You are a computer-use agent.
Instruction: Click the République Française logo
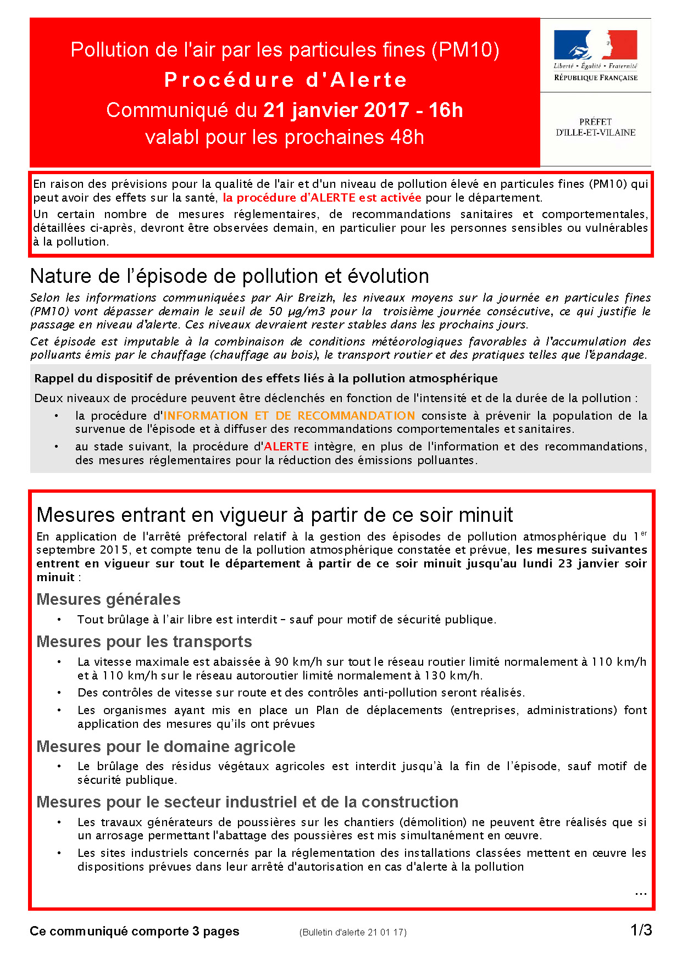pyautogui.click(x=596, y=55)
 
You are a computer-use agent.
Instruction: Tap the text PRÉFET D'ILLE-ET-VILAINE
pyautogui.click(x=596, y=127)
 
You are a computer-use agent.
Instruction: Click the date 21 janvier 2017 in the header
pyautogui.click(x=336, y=110)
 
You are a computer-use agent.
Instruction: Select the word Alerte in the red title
pyautogui.click(x=369, y=80)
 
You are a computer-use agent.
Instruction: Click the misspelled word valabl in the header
pyautogui.click(x=173, y=137)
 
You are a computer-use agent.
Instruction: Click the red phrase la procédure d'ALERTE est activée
pyautogui.click(x=322, y=198)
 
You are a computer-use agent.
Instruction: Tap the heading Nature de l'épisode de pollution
pyautogui.click(x=229, y=276)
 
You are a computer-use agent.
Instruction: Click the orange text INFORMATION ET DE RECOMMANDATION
pyautogui.click(x=289, y=416)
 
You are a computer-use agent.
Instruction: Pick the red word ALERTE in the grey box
pyautogui.click(x=286, y=447)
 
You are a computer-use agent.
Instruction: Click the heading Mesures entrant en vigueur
pyautogui.click(x=274, y=515)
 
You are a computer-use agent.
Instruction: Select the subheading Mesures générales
pyautogui.click(x=108, y=599)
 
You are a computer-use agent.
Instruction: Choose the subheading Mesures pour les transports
pyautogui.click(x=144, y=642)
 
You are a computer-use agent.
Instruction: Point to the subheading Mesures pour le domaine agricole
pyautogui.click(x=165, y=746)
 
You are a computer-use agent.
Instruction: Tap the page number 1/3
pyautogui.click(x=641, y=930)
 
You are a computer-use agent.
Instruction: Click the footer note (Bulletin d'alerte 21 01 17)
pyautogui.click(x=353, y=932)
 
